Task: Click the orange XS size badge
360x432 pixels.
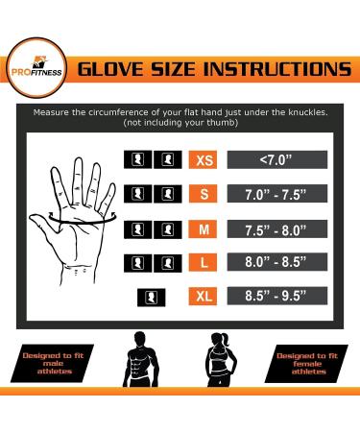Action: pos(204,160)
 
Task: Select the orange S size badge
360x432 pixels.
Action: pos(204,195)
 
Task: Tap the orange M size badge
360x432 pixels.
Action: pos(204,230)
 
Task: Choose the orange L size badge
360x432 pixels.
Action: pos(204,263)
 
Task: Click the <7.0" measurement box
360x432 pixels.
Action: pos(276,160)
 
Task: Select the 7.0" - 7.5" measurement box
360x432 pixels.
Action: pos(276,195)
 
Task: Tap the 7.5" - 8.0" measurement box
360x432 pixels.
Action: pos(276,230)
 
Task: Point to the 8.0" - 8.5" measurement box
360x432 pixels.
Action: pos(276,263)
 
